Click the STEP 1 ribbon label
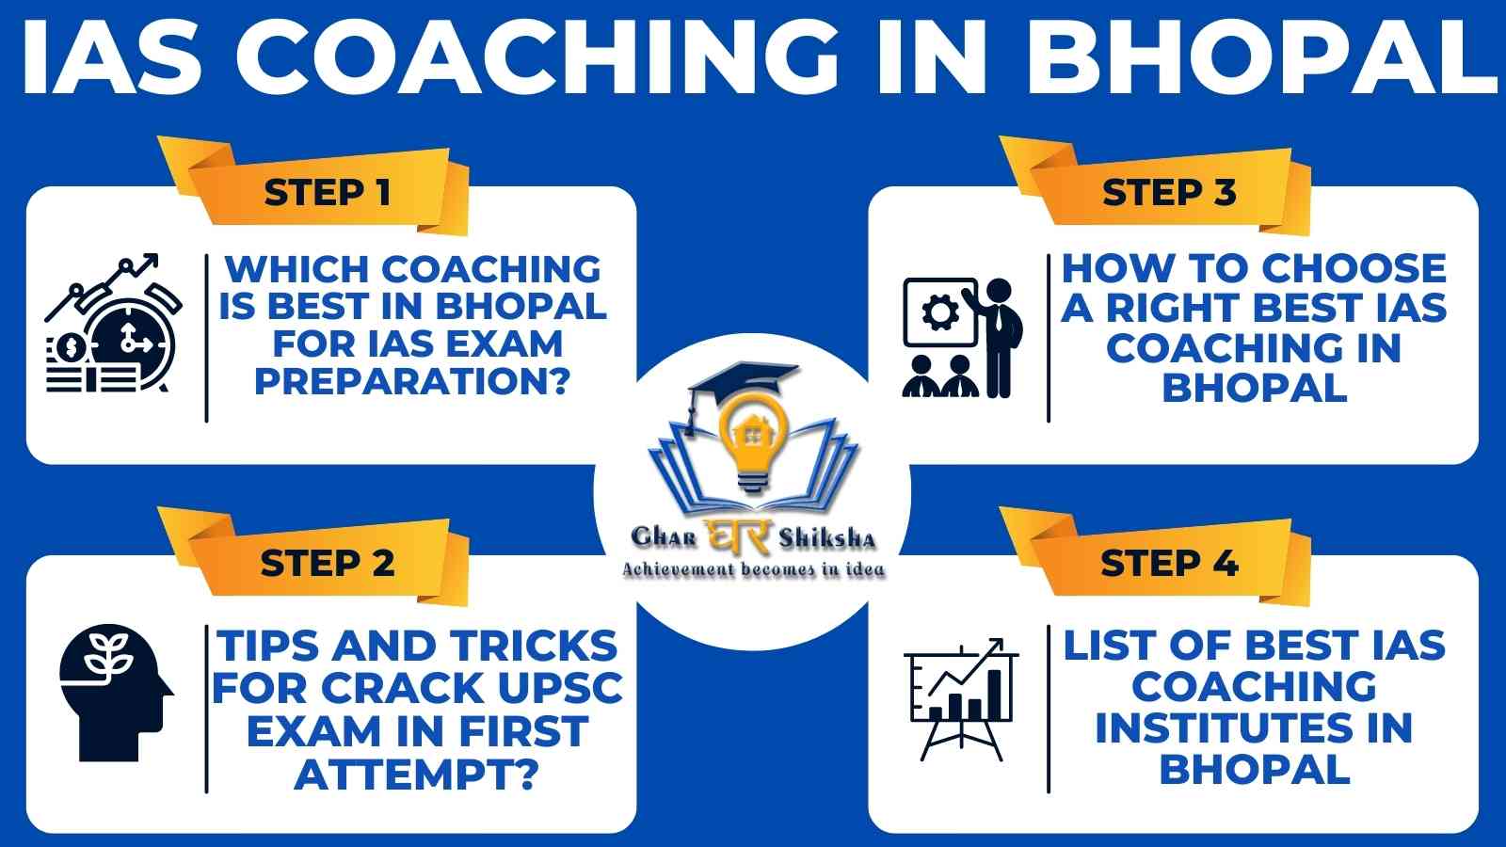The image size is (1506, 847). pos(327,193)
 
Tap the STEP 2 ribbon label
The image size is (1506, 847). pos(327,564)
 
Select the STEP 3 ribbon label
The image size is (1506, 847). pos(1169,193)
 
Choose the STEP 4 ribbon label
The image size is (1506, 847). pos(1169,564)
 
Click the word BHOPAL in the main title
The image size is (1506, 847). pos(1256,56)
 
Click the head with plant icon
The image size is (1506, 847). pos(117,694)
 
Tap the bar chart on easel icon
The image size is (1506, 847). pos(961,699)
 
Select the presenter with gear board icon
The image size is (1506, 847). pos(963,338)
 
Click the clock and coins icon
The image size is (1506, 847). pos(113,324)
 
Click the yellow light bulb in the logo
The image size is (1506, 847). pos(752,442)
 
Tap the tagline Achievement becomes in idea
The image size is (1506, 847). pos(754,570)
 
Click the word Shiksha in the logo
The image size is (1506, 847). pos(827,537)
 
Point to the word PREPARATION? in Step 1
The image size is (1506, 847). pos(412,382)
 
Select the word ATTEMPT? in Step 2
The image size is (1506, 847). pos(417,775)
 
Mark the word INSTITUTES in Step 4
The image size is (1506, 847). pos(1254,728)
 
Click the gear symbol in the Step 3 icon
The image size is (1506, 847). pos(940,313)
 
